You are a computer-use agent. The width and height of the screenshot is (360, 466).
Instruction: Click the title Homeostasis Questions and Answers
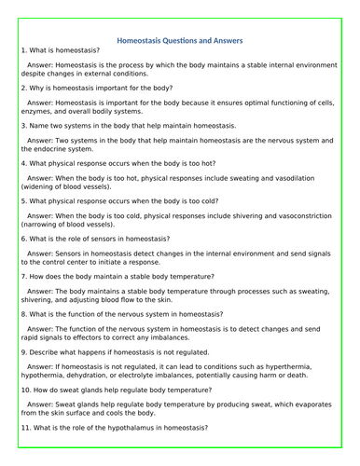180,41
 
